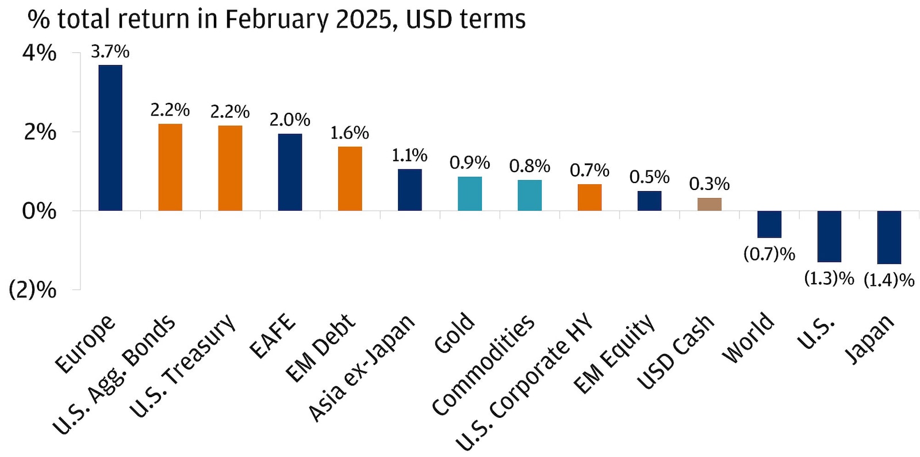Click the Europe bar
(x=110, y=138)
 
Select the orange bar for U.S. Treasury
(x=230, y=167)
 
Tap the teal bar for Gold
(x=470, y=193)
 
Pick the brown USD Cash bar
(x=709, y=204)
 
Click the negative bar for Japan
(x=889, y=237)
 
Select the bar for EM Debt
(x=350, y=178)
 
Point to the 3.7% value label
(x=110, y=52)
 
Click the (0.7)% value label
(x=769, y=254)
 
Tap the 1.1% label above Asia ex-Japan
(x=409, y=155)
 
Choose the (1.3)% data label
(x=829, y=279)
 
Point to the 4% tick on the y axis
(x=39, y=53)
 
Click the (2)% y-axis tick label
(x=33, y=290)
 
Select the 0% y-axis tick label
(x=39, y=211)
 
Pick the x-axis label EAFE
(x=272, y=336)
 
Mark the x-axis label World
(x=747, y=338)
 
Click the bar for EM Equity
(x=649, y=200)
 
